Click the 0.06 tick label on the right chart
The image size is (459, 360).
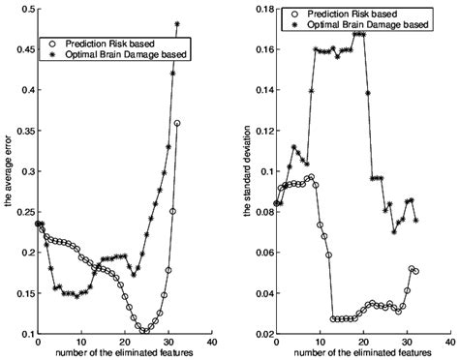[x=263, y=252]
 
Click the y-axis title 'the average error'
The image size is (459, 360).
[x=9, y=171]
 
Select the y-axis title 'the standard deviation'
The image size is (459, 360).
[x=247, y=171]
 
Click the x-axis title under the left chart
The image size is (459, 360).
[x=124, y=352]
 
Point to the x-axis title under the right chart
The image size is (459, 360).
[x=362, y=352]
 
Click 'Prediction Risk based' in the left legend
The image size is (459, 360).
[x=110, y=44]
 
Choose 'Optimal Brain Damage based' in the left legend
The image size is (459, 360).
[x=126, y=54]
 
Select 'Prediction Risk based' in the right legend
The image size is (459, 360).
[x=352, y=14]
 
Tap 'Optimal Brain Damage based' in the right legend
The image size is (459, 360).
[x=368, y=24]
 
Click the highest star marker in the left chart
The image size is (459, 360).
[x=177, y=24]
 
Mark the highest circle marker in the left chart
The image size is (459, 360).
[x=177, y=123]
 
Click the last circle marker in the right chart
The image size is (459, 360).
[x=415, y=271]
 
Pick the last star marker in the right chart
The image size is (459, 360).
[x=416, y=221]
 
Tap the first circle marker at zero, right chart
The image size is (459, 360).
[x=276, y=203]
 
